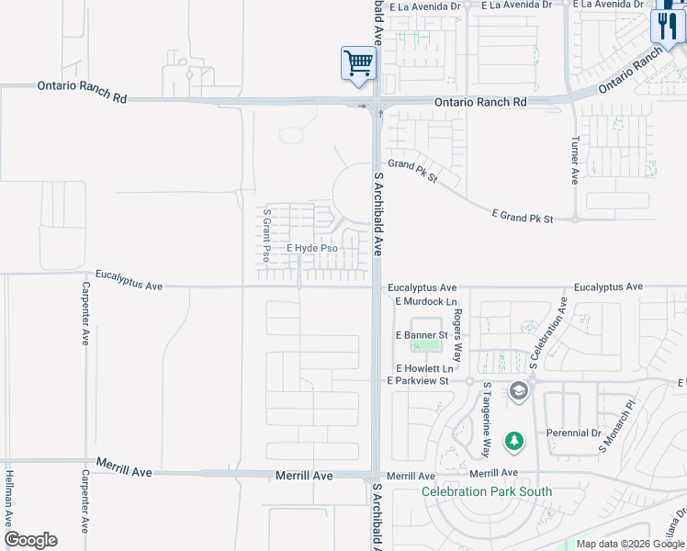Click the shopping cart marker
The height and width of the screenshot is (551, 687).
coord(358,64)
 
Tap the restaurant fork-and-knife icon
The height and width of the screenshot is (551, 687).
coord(668,24)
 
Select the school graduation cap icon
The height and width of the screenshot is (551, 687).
coord(518,392)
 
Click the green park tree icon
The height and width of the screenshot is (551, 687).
coord(515,442)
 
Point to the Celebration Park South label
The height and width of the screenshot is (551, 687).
coord(487,491)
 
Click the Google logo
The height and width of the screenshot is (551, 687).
coord(30,540)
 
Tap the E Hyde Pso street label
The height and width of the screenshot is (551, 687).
coord(312,248)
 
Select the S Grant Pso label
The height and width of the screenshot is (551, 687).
coord(267,234)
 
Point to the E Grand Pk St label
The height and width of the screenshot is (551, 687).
coord(524,217)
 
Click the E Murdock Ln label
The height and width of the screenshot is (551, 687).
coord(425,301)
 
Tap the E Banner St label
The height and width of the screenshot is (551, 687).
coord(421,335)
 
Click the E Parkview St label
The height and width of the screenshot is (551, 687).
coord(418,380)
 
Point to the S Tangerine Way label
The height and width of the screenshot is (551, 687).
coord(487,421)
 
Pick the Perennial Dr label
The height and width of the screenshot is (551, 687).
coord(576,433)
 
